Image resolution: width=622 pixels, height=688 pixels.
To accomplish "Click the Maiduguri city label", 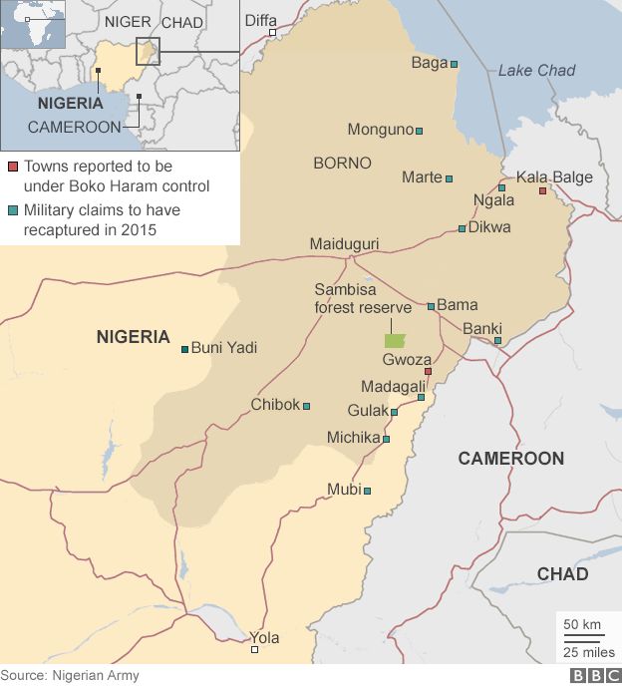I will (344, 244).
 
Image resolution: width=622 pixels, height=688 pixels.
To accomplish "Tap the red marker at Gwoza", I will (428, 372).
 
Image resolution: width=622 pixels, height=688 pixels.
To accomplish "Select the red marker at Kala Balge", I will (542, 190).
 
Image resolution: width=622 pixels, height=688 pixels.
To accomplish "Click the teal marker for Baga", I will (454, 64).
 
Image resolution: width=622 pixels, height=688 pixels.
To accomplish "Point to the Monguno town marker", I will (419, 131).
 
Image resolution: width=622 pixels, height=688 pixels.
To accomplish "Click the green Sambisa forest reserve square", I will (396, 340).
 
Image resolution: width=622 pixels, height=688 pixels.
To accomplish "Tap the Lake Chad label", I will (536, 70).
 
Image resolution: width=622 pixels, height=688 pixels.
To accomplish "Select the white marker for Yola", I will (254, 650).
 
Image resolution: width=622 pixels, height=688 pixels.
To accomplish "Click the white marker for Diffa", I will (271, 33).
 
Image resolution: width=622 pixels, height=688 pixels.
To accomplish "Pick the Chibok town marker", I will (306, 406).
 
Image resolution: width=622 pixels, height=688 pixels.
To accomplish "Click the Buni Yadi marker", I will (184, 349).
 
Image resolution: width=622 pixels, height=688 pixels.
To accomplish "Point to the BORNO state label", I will (342, 163).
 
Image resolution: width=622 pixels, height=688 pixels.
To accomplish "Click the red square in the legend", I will (12, 167).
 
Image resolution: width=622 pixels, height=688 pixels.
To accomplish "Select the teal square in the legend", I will (12, 211).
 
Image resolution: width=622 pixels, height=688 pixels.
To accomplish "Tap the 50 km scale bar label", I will (582, 624).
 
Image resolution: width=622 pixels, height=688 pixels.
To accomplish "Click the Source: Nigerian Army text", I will (70, 676).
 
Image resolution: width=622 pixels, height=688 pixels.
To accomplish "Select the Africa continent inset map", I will (33, 24).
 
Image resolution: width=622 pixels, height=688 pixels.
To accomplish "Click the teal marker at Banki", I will (497, 341).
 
